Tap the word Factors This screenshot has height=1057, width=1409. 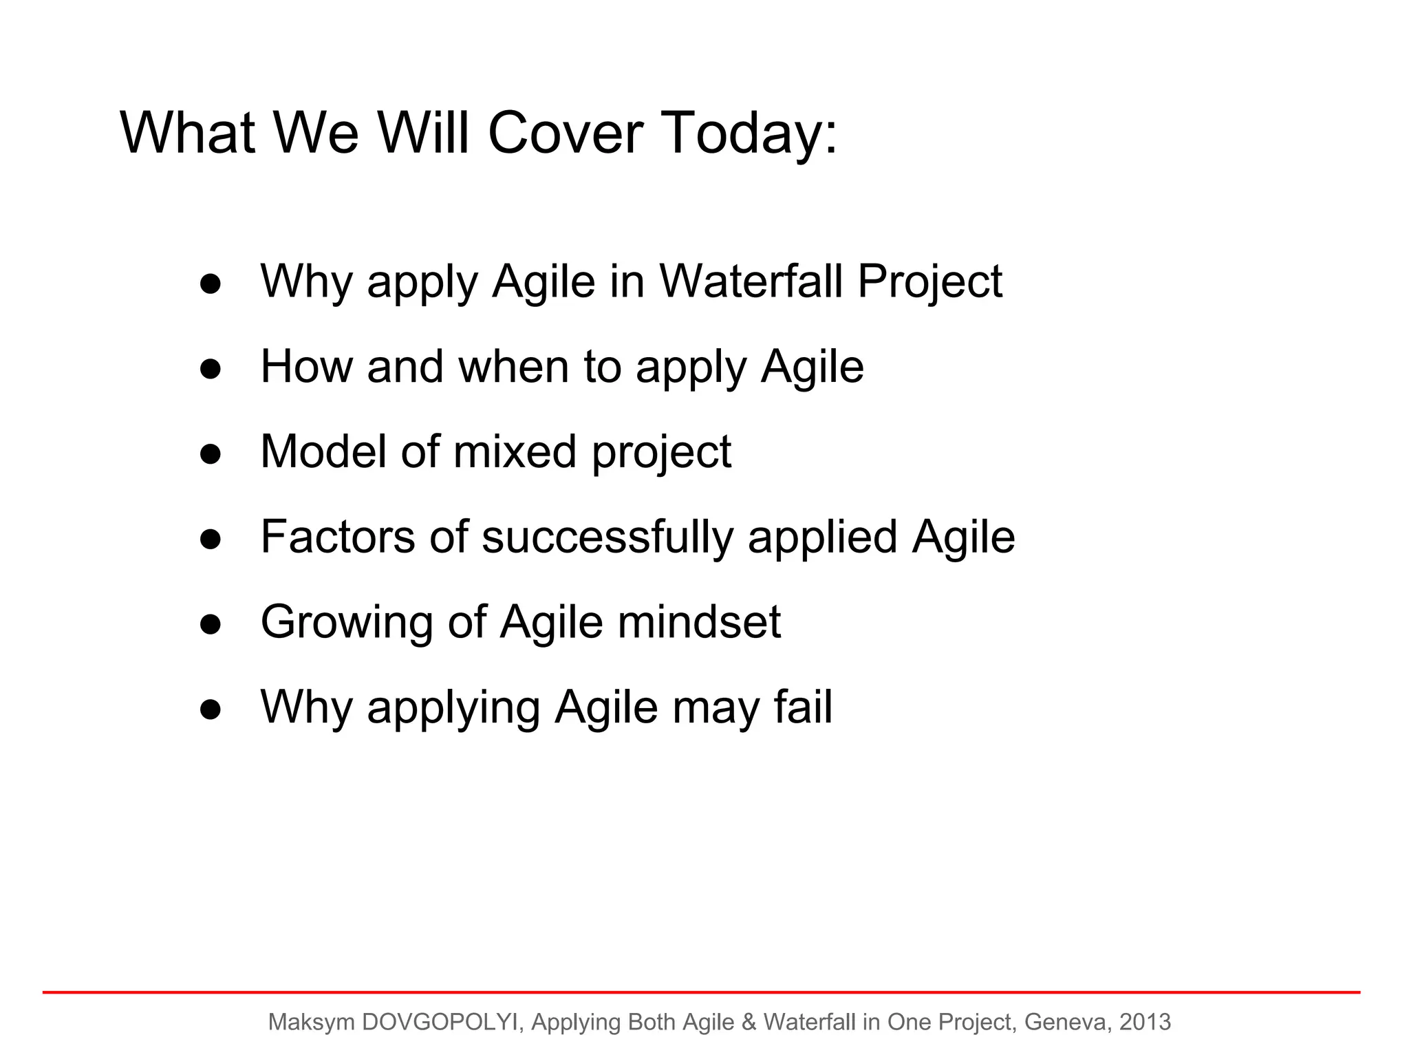tap(338, 537)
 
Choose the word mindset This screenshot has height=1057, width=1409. tap(699, 622)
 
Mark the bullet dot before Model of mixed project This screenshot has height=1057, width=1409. tap(211, 454)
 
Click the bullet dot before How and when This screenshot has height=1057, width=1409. tap(211, 369)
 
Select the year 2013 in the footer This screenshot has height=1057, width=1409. tap(1145, 1022)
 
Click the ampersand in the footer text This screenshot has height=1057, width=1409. tap(749, 1022)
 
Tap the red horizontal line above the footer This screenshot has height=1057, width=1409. tap(702, 992)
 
